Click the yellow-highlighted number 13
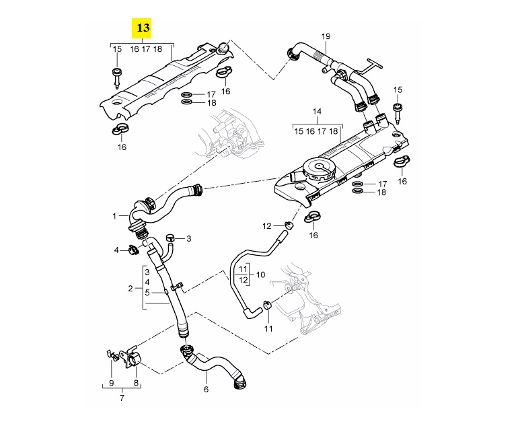point(143,28)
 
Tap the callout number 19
point(326,36)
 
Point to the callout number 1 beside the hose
point(115,216)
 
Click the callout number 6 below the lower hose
point(206,390)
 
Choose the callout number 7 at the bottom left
point(122,398)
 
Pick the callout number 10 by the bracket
point(261,275)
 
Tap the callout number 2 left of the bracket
point(130,289)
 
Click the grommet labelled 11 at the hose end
point(267,307)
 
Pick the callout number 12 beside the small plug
point(266,225)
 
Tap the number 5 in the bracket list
point(147,293)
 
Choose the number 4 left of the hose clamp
point(116,250)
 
